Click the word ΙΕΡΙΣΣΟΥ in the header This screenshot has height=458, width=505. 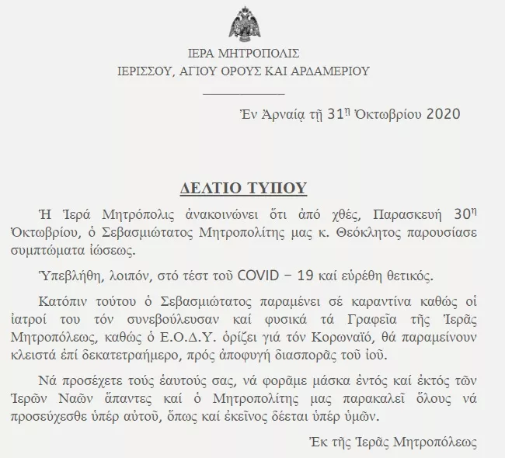tap(138, 71)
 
